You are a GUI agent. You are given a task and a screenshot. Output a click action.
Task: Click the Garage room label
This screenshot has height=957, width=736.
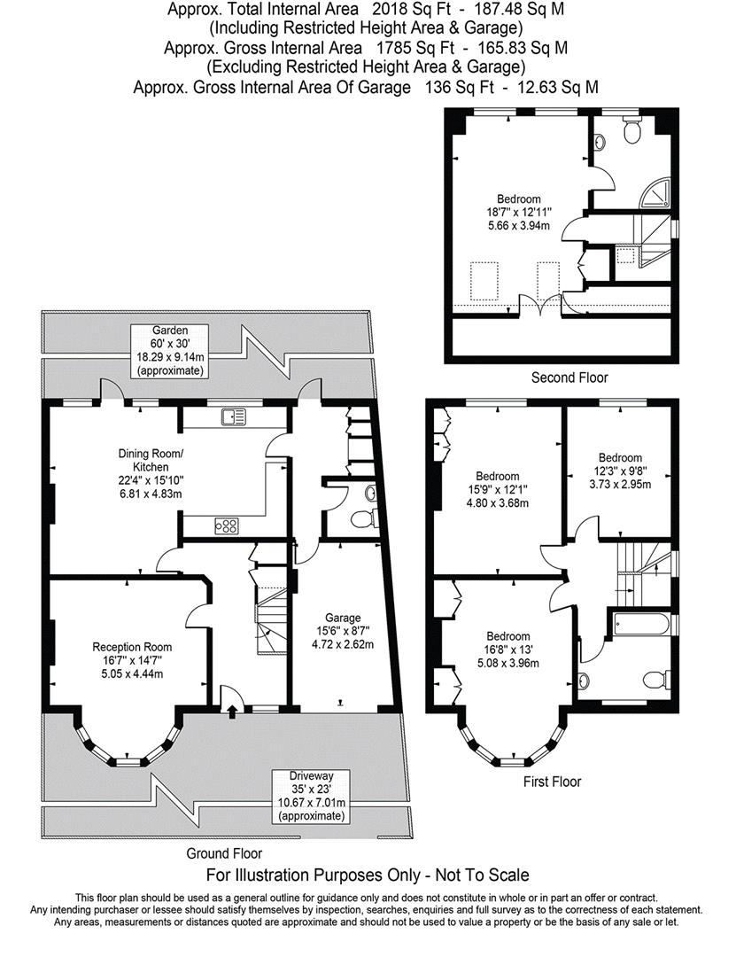pos(343,631)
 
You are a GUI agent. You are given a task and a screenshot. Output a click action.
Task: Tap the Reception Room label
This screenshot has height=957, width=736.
pos(132,660)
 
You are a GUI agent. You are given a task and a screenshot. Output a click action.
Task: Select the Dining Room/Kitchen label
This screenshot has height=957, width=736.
pos(151,473)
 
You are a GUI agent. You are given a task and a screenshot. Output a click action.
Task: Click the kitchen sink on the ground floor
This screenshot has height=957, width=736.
pos(235,416)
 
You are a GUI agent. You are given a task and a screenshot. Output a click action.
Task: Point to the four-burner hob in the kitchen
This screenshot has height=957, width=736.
pos(227,525)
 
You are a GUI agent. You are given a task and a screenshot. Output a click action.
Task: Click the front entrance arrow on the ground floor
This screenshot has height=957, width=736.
pos(233,712)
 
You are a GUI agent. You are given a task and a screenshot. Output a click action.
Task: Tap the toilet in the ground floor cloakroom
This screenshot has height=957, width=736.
pos(364,517)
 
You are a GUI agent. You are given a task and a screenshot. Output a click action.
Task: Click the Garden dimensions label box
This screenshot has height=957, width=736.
pos(170,351)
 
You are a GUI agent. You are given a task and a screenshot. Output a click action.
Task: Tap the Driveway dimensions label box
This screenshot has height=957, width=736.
pos(311,796)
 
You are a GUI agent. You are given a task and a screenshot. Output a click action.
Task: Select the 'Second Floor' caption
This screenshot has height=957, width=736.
pos(569,377)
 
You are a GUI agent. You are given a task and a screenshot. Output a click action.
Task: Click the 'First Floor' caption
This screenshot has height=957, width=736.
pos(552,782)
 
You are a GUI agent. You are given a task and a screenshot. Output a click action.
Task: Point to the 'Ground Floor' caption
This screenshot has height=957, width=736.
pos(224,853)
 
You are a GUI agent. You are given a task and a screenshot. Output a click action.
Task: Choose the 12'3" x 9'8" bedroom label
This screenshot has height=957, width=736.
pos(620,471)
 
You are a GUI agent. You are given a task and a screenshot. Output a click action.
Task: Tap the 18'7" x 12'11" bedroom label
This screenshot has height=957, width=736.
pos(519,212)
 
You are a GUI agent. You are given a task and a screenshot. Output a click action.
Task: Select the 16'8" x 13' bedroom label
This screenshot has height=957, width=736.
pos(507,650)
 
